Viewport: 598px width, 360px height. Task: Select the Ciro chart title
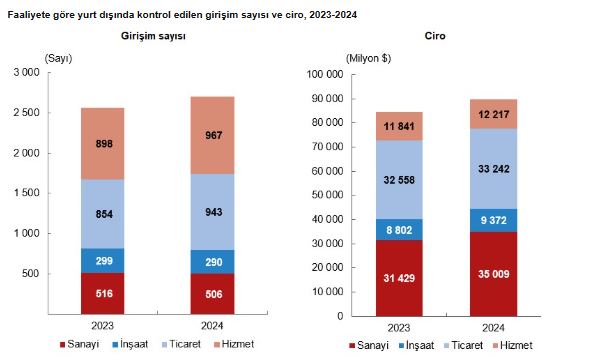(x=435, y=36)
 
